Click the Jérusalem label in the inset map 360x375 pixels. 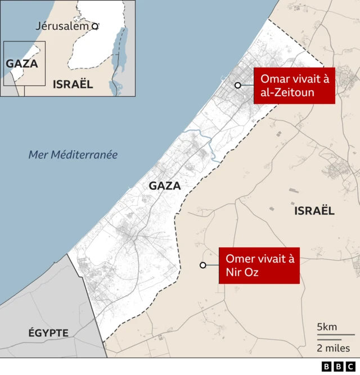click(x=62, y=26)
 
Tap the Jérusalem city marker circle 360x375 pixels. click(x=95, y=26)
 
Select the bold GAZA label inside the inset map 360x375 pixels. click(x=22, y=64)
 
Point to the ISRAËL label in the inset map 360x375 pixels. click(x=73, y=84)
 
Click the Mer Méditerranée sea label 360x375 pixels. click(x=73, y=155)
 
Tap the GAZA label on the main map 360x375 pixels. click(x=165, y=186)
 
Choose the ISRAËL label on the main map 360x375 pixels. click(x=314, y=211)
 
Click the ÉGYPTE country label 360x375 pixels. click(x=48, y=333)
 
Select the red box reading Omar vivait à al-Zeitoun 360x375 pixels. click(x=294, y=86)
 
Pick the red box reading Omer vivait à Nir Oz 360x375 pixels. click(x=259, y=265)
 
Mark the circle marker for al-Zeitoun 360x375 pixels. click(x=238, y=85)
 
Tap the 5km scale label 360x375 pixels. click(x=327, y=327)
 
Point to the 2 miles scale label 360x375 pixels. click(x=334, y=348)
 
